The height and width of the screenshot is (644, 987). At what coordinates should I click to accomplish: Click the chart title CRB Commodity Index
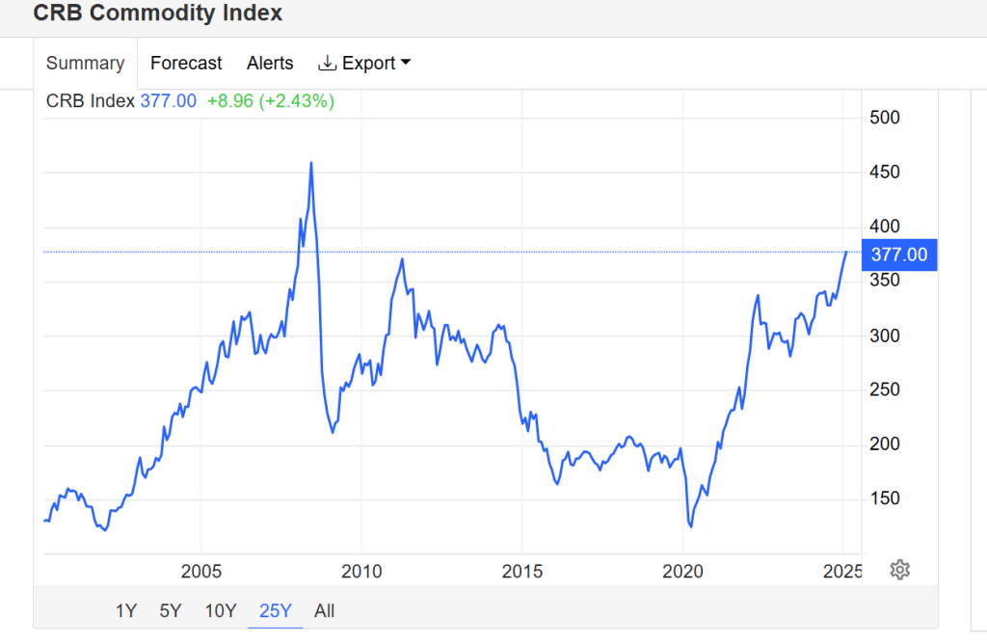pos(158,13)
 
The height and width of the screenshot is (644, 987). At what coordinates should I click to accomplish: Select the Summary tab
pos(85,64)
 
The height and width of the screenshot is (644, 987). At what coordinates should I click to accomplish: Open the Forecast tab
pos(186,64)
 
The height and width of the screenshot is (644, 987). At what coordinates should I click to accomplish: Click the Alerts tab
pos(270,64)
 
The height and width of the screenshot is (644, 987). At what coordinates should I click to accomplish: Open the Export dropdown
pos(364,64)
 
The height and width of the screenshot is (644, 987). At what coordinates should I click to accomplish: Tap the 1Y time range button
pos(126,610)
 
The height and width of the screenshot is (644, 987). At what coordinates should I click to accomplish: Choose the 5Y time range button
pos(171,610)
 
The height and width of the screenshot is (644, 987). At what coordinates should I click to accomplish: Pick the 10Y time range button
pos(221,610)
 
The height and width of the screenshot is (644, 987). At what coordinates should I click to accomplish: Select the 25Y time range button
pos(276,610)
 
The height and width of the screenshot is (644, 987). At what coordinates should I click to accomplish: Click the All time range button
pos(325,610)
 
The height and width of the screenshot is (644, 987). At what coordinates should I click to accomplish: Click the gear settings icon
pos(900,569)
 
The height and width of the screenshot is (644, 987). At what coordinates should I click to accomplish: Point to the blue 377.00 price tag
pos(899,255)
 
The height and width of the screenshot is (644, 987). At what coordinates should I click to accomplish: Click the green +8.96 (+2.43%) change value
pos(271,101)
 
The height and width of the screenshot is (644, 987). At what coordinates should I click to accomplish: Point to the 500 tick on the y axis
pos(885,118)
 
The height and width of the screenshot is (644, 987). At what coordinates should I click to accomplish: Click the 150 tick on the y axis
pos(885,498)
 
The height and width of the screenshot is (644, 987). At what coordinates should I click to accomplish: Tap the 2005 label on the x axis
pos(200,571)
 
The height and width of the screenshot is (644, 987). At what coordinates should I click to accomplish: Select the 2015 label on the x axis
pos(521,571)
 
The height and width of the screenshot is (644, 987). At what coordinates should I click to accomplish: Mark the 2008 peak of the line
pos(310,163)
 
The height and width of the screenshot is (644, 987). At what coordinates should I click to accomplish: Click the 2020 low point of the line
pos(690,526)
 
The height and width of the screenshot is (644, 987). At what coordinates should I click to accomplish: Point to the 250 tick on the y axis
pos(885,389)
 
